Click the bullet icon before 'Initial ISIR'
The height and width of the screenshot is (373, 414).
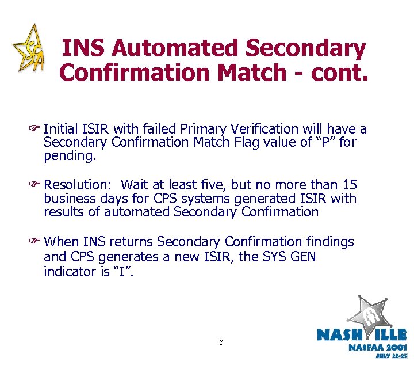point(38,130)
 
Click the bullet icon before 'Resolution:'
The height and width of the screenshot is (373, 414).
point(38,185)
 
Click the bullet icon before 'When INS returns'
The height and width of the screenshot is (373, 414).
point(38,242)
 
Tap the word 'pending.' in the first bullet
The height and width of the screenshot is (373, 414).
point(66,155)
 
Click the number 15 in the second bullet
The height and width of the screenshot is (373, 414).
point(349,185)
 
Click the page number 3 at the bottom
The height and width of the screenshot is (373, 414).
point(221,342)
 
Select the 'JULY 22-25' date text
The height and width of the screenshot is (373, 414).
point(390,356)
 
